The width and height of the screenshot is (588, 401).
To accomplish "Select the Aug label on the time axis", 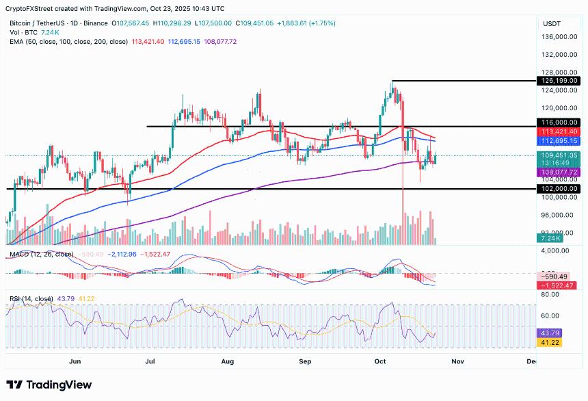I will point(228,360).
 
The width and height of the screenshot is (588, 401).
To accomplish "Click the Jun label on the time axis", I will point(75,360).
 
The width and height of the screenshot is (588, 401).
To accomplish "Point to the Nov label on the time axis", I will point(457,360).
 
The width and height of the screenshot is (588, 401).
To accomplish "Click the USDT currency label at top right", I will point(552,23).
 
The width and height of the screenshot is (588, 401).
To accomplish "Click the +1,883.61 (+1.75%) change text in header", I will point(303,23).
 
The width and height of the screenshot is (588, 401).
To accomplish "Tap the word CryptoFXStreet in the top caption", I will point(32,9).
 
